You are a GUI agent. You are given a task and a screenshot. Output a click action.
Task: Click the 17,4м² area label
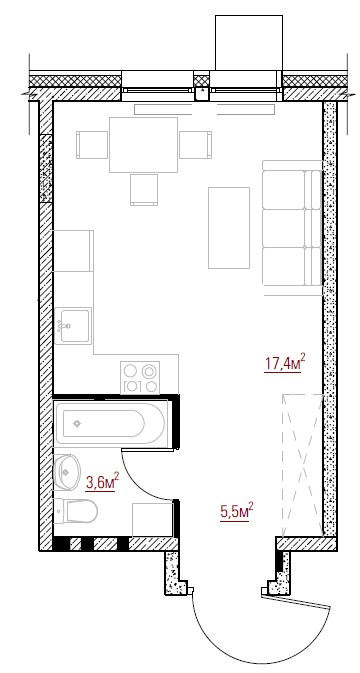[x=285, y=363]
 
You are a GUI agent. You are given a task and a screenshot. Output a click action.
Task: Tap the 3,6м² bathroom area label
[x=102, y=482]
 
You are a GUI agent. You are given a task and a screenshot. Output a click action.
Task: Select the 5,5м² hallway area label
[x=236, y=512]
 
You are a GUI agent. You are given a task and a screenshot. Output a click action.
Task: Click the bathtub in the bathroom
[x=110, y=424]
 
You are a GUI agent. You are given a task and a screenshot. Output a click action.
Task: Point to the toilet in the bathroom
[x=76, y=511]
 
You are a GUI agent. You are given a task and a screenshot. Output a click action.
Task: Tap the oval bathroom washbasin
[x=67, y=472]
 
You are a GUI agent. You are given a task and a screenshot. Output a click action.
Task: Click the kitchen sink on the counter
[x=73, y=326]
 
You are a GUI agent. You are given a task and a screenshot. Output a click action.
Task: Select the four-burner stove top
[x=140, y=378]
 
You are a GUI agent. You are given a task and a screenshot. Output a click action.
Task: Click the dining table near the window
[x=143, y=145]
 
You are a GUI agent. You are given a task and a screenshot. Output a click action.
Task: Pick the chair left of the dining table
[x=92, y=145]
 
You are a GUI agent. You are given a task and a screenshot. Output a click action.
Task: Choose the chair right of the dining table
[x=196, y=145]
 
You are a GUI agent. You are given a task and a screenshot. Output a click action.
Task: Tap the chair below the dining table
[x=144, y=190]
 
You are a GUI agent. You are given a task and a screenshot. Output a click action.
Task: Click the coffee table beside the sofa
[x=229, y=228]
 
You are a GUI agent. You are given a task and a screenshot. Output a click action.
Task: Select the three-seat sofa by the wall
[x=292, y=228]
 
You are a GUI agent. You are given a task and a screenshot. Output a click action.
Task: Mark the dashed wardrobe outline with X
[x=302, y=465]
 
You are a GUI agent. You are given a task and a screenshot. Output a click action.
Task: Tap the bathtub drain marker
[x=77, y=424]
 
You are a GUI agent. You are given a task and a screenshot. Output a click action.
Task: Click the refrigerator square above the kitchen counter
[x=73, y=251]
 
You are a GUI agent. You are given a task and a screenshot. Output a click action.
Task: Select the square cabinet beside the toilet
[x=152, y=519]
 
